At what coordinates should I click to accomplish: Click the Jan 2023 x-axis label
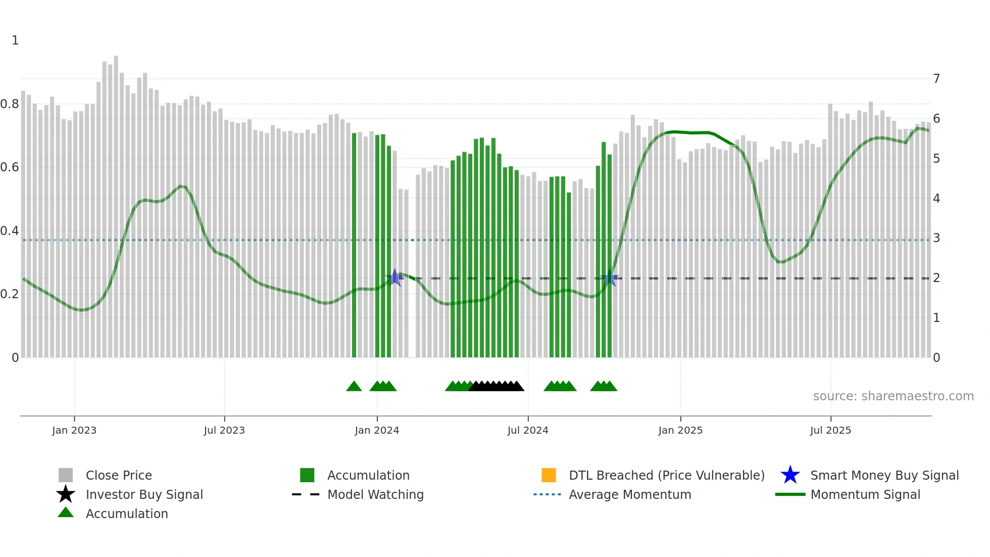coord(74,430)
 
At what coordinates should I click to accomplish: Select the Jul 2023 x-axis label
coord(224,430)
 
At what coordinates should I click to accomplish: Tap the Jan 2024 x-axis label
coord(377,430)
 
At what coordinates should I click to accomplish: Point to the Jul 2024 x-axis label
coord(528,430)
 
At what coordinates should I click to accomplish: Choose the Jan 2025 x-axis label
coord(680,430)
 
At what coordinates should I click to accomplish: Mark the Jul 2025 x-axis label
coord(830,430)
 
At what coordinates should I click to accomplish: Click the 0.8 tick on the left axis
coord(10,104)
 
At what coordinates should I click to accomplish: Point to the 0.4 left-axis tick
coord(10,231)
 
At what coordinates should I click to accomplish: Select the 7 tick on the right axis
coord(936,79)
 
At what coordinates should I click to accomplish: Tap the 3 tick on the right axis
coord(936,238)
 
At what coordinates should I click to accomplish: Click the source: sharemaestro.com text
coord(893,396)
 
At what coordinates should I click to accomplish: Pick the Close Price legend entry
coord(119,475)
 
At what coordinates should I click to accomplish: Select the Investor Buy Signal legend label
coord(144,494)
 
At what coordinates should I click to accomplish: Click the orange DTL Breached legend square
coord(549,475)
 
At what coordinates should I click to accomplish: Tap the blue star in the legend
coord(790,475)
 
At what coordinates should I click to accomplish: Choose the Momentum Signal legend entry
coord(865,494)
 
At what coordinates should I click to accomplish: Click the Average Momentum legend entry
coord(630,494)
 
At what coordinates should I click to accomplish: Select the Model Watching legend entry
coord(375,494)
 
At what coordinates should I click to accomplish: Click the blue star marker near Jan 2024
coord(395,277)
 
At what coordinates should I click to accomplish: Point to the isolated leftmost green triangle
coord(354,387)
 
